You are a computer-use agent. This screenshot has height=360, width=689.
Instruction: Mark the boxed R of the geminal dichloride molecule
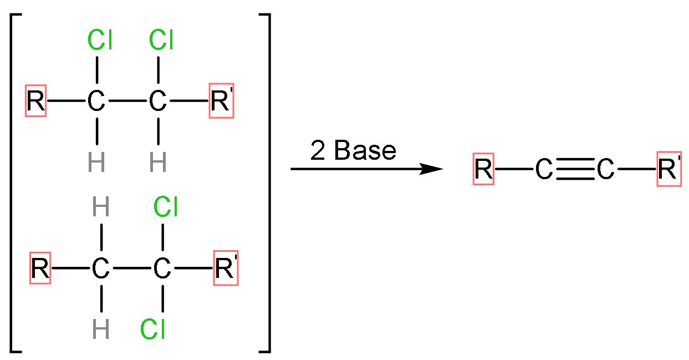[40, 270]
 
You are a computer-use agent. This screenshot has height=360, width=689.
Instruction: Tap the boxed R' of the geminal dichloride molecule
[226, 270]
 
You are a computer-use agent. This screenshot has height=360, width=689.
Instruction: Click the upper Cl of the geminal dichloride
[165, 208]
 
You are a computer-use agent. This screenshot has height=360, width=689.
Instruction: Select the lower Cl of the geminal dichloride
[153, 329]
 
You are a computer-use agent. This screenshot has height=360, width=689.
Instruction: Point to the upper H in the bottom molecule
[101, 209]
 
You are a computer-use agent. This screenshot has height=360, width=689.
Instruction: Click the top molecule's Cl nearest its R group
[100, 40]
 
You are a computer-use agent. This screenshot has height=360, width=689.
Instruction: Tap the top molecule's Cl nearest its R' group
[161, 40]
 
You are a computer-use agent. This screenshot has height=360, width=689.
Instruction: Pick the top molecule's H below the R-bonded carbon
[96, 163]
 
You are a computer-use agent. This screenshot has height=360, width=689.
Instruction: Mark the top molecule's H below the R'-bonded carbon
[158, 163]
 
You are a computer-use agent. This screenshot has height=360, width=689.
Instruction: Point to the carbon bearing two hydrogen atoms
[100, 270]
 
